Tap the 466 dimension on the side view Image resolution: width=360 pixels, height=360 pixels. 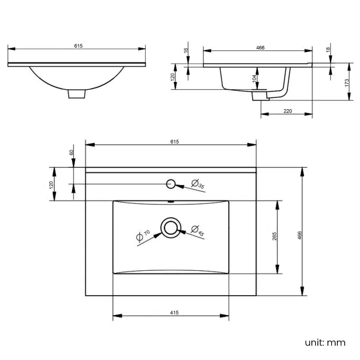(x=260, y=48)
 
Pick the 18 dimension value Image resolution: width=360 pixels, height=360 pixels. (x=329, y=50)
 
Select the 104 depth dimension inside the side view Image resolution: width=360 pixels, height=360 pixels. (x=255, y=79)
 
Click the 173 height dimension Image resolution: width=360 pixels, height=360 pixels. (x=347, y=82)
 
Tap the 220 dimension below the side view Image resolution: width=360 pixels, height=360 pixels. (x=287, y=111)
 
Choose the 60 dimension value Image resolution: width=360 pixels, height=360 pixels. (x=71, y=153)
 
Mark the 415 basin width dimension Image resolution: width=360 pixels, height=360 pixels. (x=173, y=313)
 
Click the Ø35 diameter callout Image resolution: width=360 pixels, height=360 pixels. (x=198, y=184)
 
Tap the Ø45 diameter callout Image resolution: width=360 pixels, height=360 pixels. (x=197, y=230)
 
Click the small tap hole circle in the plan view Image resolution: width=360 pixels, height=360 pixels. (x=171, y=183)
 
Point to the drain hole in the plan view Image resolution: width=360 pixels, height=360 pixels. (x=170, y=227)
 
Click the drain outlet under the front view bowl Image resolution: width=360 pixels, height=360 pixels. (x=77, y=94)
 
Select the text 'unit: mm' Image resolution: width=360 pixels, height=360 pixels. (x=325, y=342)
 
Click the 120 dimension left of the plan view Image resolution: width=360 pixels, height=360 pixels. (x=52, y=184)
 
